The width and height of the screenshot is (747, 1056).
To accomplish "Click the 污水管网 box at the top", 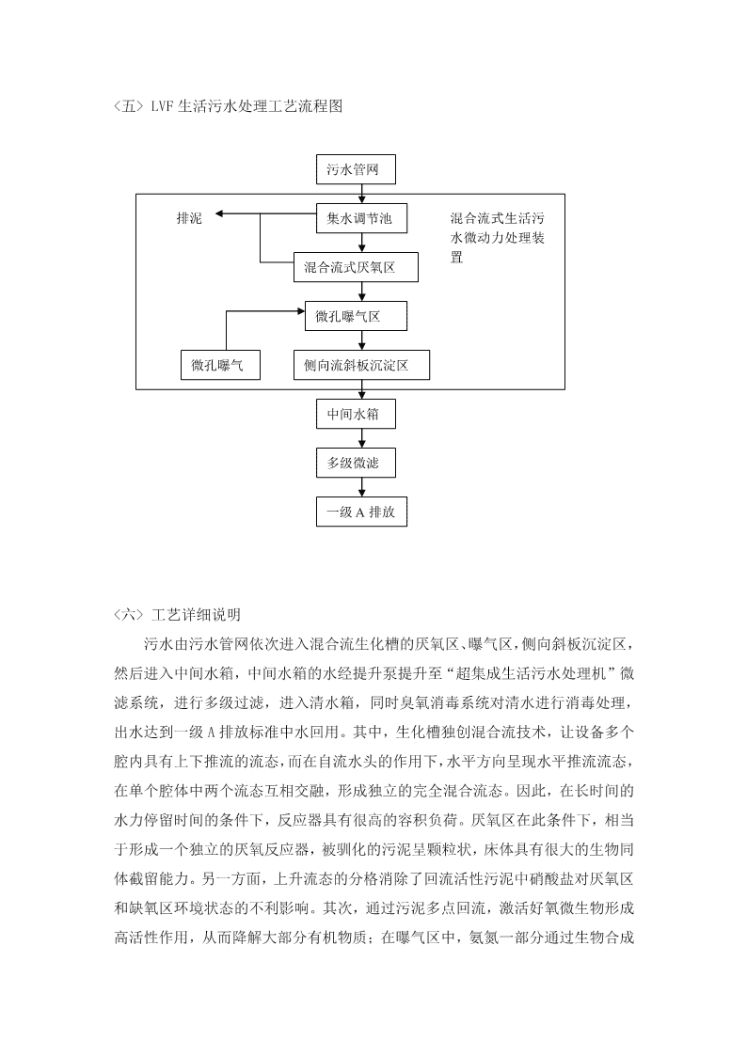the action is (x=356, y=169).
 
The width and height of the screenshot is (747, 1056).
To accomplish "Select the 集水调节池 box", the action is (x=361, y=218).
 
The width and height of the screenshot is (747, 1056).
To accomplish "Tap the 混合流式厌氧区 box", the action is (x=356, y=267).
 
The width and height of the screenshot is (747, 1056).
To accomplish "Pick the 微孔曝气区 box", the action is (x=356, y=317).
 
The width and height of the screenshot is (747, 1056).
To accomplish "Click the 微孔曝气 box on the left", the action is (x=220, y=365).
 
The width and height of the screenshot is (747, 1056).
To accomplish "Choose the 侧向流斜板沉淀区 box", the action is (x=361, y=365).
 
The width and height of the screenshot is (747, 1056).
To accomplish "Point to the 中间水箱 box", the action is (x=356, y=414).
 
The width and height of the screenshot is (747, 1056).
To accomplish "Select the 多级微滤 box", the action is (x=356, y=464).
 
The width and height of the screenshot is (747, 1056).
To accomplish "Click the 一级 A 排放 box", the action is (x=361, y=512).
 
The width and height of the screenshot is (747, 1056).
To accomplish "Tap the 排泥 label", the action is (x=189, y=217).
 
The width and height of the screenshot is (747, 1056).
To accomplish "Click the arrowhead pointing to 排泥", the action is (x=219, y=214).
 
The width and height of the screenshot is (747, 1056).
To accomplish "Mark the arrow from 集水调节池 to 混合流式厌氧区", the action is (x=362, y=244).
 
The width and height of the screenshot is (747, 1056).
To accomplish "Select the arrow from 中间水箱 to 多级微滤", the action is (x=362, y=438).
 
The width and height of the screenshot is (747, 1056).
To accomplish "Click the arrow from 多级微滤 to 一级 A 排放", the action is (x=362, y=488).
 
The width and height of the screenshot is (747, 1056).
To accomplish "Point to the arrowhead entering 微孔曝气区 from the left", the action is (x=300, y=311).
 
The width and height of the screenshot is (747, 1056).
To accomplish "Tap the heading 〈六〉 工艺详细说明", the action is (x=177, y=614).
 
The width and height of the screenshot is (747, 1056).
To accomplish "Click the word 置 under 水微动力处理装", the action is (x=456, y=257).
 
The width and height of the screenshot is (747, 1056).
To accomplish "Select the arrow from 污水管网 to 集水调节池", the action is (x=362, y=194).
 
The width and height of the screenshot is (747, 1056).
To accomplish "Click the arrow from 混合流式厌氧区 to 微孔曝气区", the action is (x=362, y=292).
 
